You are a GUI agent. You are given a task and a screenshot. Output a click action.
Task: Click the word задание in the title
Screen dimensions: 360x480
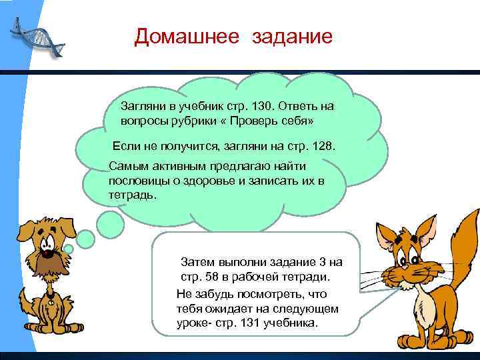[291, 36]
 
